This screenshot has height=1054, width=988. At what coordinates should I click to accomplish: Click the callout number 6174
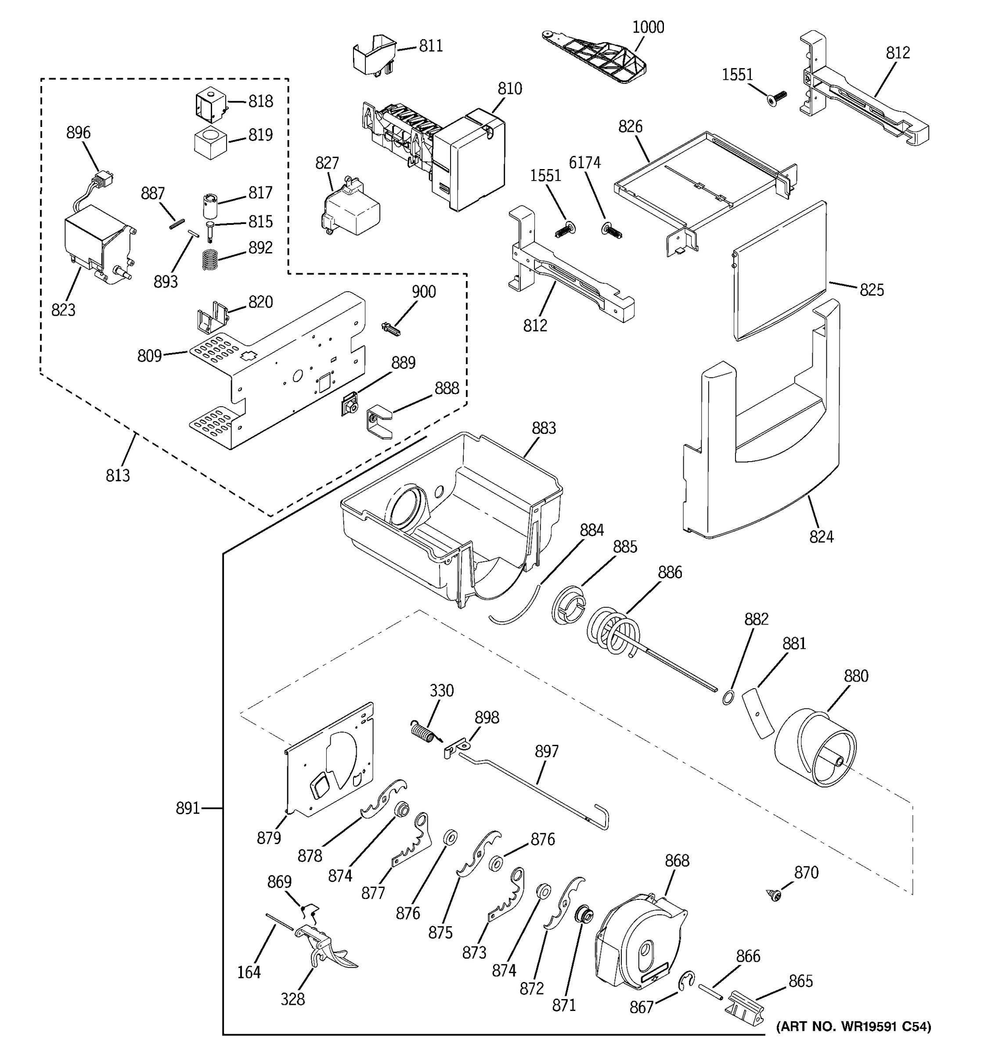(x=584, y=163)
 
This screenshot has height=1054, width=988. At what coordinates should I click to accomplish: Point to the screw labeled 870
(x=775, y=895)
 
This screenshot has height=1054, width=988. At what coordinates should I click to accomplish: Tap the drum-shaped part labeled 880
(x=815, y=752)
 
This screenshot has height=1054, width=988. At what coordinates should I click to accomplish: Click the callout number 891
(x=188, y=809)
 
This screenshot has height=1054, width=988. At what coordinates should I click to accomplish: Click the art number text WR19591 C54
(x=853, y=1027)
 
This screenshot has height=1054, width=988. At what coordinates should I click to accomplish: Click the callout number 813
(x=118, y=475)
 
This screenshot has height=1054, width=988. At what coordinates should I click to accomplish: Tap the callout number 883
(x=544, y=428)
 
